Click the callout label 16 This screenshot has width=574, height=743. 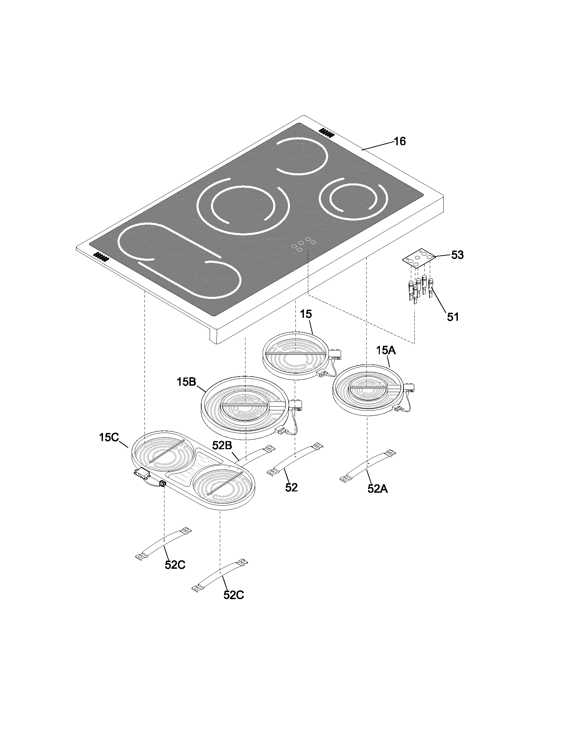(x=399, y=141)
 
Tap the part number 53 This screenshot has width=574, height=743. (x=457, y=255)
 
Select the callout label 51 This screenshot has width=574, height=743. (x=452, y=317)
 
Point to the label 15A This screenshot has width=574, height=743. (x=386, y=351)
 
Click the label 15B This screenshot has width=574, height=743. (x=186, y=382)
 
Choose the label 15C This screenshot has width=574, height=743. (x=109, y=437)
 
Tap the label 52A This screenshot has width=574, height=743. (x=377, y=489)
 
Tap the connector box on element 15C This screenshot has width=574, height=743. (x=142, y=472)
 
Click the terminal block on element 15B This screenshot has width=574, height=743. (x=295, y=405)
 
